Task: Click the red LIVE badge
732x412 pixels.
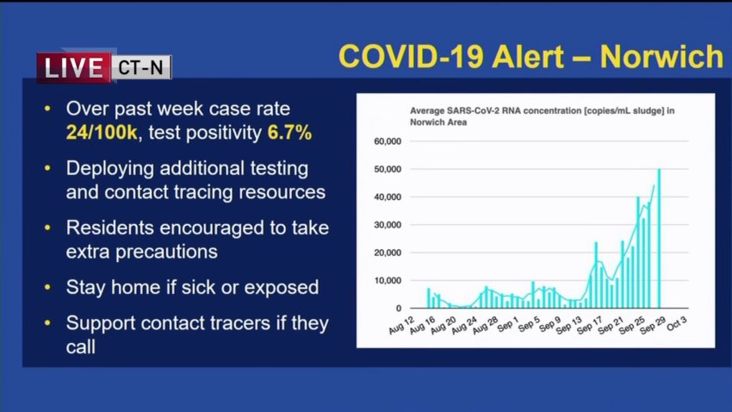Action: (74, 68)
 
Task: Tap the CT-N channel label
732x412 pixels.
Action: (141, 68)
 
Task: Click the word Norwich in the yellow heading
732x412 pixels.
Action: (661, 57)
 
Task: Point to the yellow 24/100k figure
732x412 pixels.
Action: (102, 133)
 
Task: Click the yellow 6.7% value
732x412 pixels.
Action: (289, 133)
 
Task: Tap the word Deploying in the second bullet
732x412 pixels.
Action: (109, 169)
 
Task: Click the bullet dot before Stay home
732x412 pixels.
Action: (47, 287)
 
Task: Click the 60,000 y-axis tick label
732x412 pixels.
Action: (388, 141)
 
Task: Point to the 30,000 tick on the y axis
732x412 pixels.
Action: (388, 225)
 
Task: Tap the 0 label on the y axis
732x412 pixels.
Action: (399, 309)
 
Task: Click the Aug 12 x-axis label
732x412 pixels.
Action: (401, 325)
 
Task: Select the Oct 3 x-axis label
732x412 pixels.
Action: (676, 323)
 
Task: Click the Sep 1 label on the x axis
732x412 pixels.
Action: (507, 324)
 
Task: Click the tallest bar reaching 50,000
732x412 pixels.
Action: (659, 239)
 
